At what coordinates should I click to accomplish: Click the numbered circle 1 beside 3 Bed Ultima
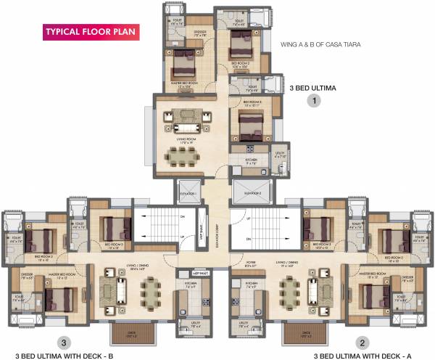point(313,102)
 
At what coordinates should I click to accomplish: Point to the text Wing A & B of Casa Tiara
point(320,44)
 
